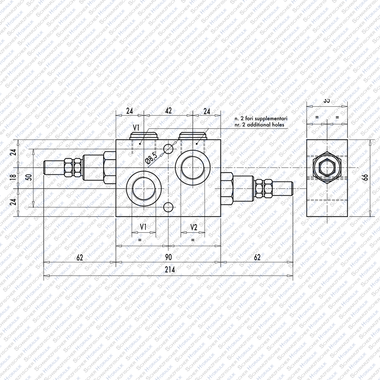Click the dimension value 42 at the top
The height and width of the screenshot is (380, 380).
click(168, 111)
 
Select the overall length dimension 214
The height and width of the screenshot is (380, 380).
click(170, 270)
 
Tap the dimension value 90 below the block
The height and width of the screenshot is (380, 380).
click(168, 257)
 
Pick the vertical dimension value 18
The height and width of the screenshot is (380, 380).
click(13, 177)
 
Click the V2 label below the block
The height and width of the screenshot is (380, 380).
click(194, 227)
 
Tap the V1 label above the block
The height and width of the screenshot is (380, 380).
click(136, 127)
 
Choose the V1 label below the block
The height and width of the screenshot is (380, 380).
click(143, 227)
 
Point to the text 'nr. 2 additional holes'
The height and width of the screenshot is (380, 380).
click(259, 125)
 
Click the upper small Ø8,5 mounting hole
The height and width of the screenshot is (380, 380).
click(168, 149)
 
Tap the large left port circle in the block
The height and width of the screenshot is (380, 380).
click(144, 189)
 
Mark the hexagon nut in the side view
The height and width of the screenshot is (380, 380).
click(327, 167)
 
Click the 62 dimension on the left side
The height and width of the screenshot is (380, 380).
click(80, 257)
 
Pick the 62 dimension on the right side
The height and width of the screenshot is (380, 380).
click(257, 257)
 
